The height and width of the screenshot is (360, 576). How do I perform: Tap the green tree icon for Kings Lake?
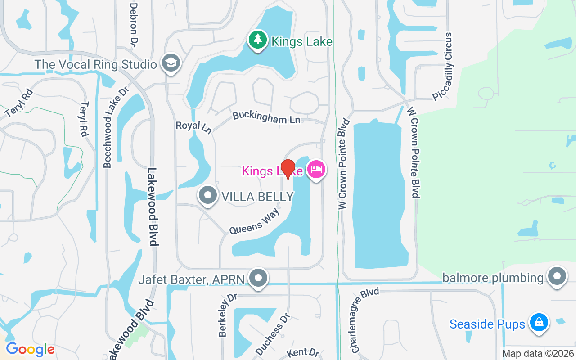pos(257,40)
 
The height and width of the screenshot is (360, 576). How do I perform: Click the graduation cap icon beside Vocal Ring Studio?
pos(171,63)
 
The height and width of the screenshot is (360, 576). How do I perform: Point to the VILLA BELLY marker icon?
pos(208,196)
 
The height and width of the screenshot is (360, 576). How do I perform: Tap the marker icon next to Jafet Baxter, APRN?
pos(258,278)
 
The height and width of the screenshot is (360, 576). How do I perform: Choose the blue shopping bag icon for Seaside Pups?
pos(538,323)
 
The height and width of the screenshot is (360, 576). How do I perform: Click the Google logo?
pos(30,349)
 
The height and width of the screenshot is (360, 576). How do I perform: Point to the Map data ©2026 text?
pos(538,353)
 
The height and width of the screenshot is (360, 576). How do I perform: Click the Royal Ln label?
pos(193,127)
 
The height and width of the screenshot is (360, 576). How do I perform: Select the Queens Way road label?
pos(254,220)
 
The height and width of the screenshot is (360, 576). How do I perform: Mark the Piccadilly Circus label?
pos(442,66)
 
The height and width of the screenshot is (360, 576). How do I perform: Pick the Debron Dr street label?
pos(133,25)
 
